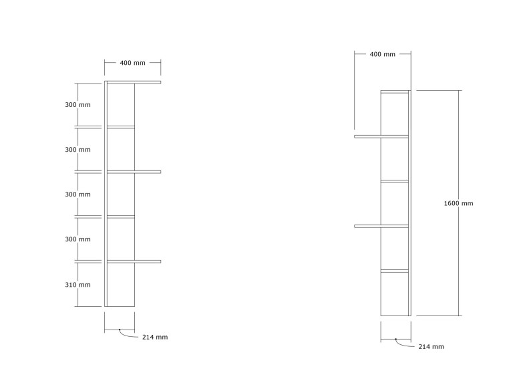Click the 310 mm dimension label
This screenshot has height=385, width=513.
pos(77,285)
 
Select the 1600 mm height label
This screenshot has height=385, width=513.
pos(458,203)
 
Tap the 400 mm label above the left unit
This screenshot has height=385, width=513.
pos(132,63)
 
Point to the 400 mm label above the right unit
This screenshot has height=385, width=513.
pos(383,54)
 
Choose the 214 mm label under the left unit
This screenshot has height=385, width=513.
pos(155,337)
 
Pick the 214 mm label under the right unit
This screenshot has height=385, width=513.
pos(432,347)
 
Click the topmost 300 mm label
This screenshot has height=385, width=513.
pos(77,105)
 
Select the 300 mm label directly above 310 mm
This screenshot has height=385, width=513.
pos(77,239)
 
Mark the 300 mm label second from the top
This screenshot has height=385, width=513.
pos(77,150)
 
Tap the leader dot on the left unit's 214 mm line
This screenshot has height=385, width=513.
pos(120,330)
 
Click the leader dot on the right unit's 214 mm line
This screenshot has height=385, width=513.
pos(396,339)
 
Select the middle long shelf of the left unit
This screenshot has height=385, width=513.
pos(134,172)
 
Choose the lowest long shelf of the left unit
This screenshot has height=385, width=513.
pos(134,261)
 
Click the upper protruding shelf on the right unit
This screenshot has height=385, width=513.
pos(381,136)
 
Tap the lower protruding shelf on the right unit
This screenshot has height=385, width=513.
pos(381,226)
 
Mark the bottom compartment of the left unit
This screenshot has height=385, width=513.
pos(121,285)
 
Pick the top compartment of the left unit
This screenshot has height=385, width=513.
pos(121,105)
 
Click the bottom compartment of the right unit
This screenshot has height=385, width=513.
pos(395,294)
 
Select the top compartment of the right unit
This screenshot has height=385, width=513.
pos(395,114)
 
